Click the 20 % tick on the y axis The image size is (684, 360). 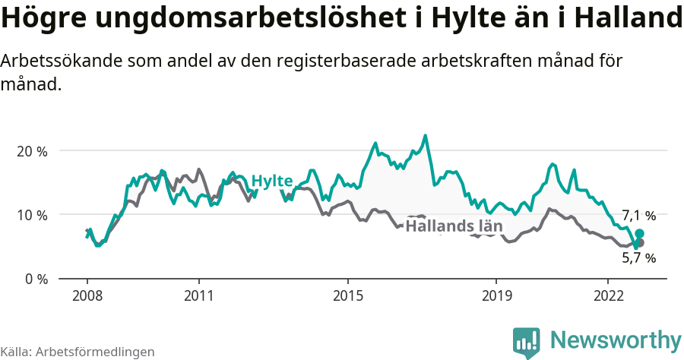pos(32,151)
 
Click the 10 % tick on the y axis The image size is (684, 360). pos(32,215)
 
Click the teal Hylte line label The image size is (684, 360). pos(272,181)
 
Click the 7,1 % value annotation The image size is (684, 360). pos(638,215)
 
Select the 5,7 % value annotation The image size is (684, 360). pos(638,257)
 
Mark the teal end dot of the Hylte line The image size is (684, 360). pos(639,233)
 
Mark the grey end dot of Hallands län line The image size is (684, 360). pos(639,242)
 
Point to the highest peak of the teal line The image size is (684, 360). pos(426,136)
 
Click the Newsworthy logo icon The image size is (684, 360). pos(526,343)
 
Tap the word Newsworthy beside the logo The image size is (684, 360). pos(616,340)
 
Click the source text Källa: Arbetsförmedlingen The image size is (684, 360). pos(78,352)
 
